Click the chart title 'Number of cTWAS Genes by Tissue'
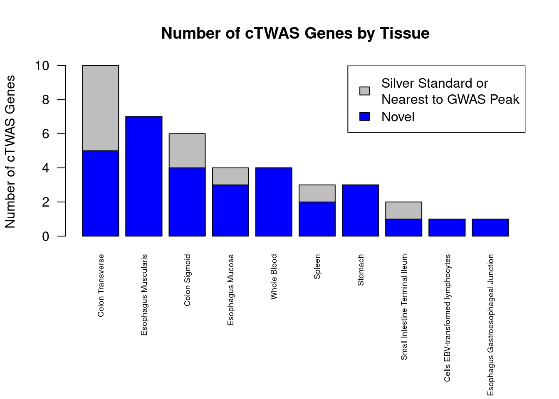click(x=295, y=33)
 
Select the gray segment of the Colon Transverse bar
click(x=100, y=108)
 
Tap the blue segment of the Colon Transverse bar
click(x=100, y=193)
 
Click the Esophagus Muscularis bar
click(x=144, y=176)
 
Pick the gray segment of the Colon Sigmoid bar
click(x=187, y=150)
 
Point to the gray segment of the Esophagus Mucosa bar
click(x=230, y=176)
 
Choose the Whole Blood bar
click(x=274, y=202)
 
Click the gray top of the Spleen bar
click(x=317, y=193)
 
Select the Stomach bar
click(x=360, y=210)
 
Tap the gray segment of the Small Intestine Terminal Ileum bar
click(x=403, y=210)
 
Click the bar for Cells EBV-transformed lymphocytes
click(x=447, y=227)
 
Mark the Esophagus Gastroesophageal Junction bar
click(x=490, y=227)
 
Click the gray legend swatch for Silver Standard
click(x=364, y=91)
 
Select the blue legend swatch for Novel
click(x=364, y=117)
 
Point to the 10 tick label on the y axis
click(x=42, y=66)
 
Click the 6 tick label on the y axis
click(x=45, y=134)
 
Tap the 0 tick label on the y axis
click(x=45, y=236)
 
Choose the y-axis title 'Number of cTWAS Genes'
click(x=10, y=152)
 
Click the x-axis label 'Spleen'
click(x=317, y=266)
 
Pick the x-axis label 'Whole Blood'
click(x=274, y=277)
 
